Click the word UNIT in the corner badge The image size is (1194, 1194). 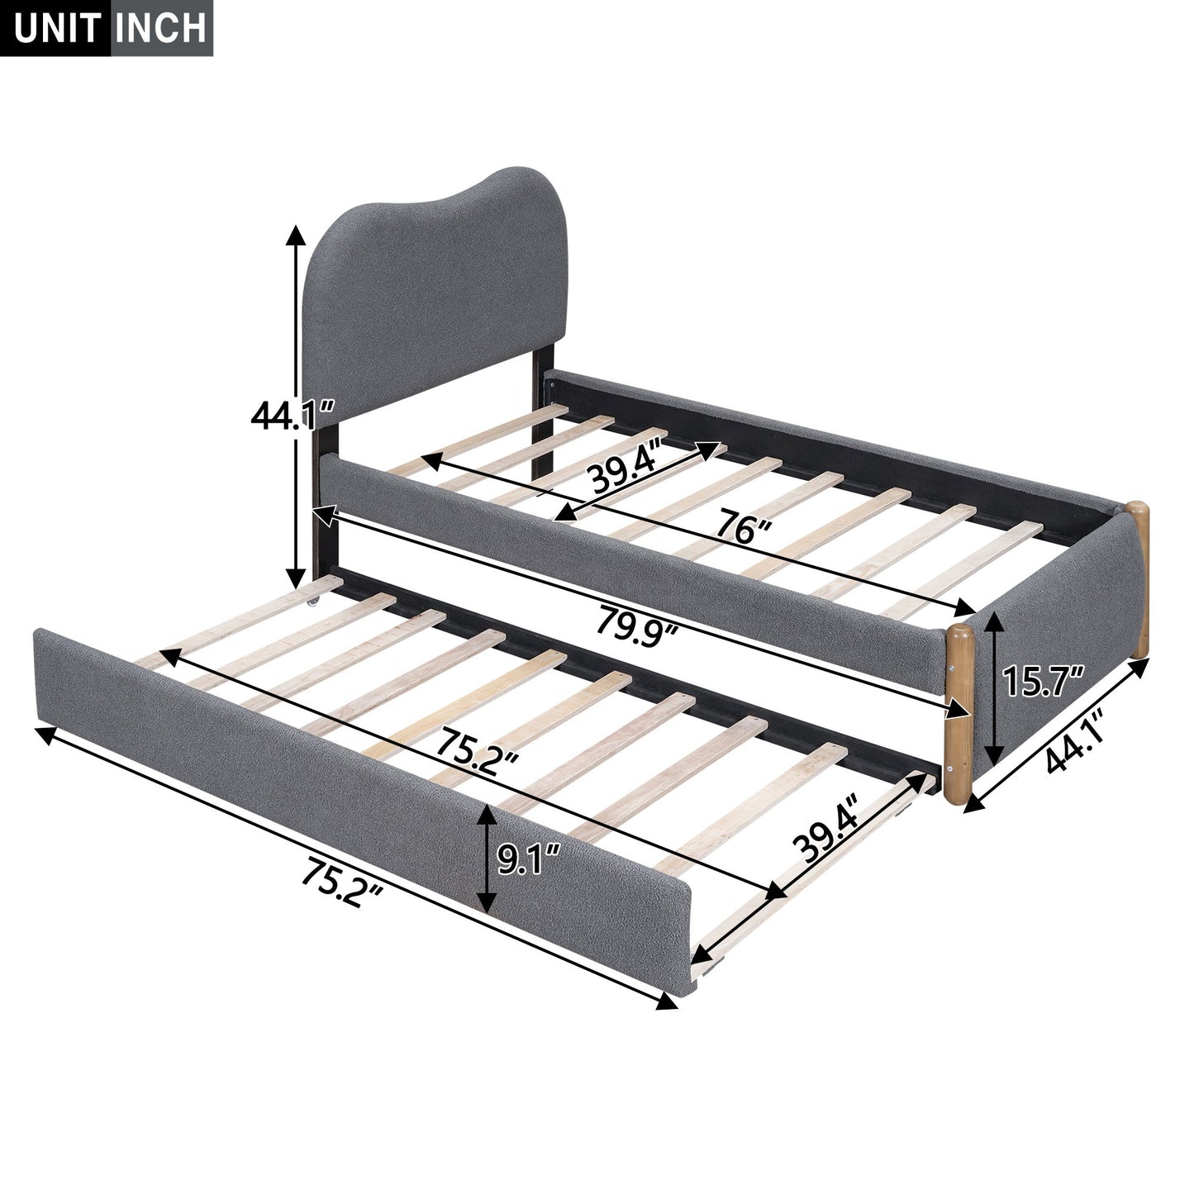coord(55,27)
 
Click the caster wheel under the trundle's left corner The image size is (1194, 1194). coord(314,604)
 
